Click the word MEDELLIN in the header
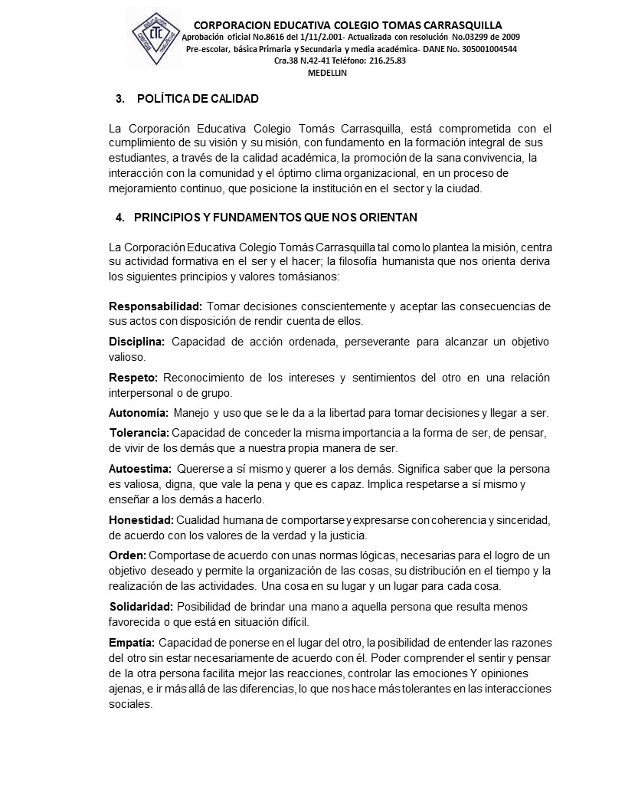(x=327, y=73)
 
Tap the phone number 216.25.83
(x=388, y=61)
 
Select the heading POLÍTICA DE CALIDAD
(x=198, y=99)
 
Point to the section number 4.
(x=119, y=218)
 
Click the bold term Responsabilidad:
(x=155, y=306)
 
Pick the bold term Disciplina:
(x=137, y=342)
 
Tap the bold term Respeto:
(x=133, y=378)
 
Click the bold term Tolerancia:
(x=139, y=433)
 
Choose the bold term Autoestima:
(x=140, y=468)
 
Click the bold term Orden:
(x=127, y=555)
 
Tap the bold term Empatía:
(x=133, y=641)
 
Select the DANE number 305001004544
(x=479, y=48)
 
